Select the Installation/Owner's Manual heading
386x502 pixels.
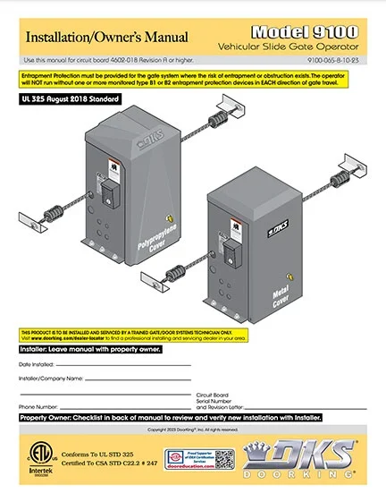coord(106,38)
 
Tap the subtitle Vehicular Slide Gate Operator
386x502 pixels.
coord(301,45)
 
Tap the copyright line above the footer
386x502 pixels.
coord(193,429)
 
